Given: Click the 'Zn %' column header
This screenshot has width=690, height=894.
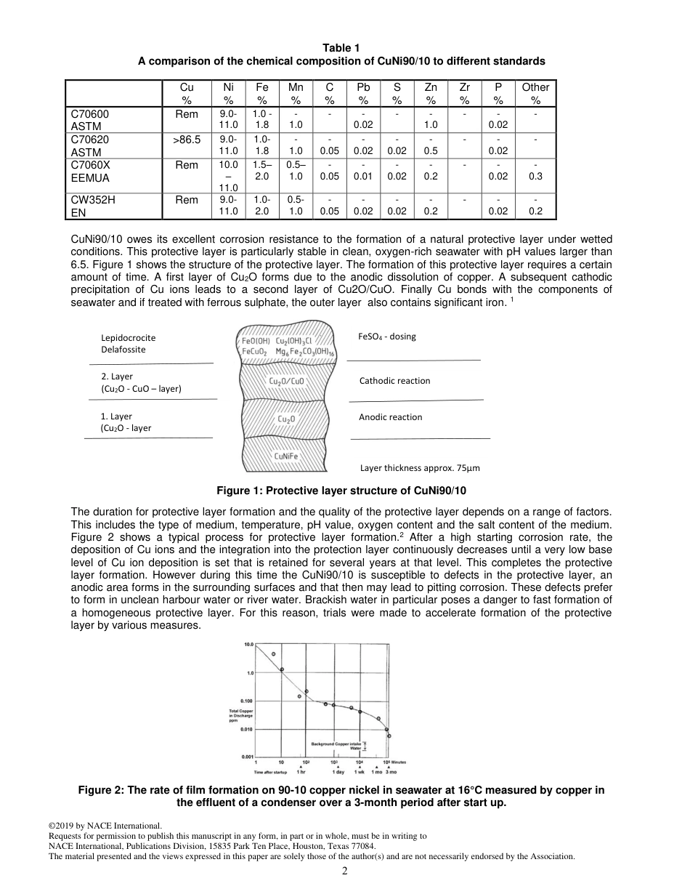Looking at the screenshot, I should [431, 94].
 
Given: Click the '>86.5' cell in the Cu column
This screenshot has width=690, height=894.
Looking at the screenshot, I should [187, 140].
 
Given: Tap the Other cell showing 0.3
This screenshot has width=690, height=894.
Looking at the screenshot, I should [535, 176].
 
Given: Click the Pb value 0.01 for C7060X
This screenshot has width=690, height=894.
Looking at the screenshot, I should [364, 176].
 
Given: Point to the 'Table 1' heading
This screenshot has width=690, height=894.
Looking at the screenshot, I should [341, 48].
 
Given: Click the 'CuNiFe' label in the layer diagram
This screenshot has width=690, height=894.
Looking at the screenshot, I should [285, 456].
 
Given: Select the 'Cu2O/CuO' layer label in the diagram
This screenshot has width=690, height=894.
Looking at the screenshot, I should [287, 381].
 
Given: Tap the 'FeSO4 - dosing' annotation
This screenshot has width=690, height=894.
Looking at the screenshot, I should [387, 337].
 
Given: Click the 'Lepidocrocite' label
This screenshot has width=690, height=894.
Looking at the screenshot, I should [129, 338].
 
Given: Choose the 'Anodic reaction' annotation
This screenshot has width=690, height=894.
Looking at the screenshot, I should [390, 417].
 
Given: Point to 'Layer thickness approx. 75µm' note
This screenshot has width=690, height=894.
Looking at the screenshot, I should [420, 468].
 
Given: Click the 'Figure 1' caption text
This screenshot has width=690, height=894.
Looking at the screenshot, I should [341, 491].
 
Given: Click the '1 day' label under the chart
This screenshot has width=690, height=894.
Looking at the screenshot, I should [338, 771].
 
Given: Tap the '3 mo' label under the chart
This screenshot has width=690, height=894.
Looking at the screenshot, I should [391, 771].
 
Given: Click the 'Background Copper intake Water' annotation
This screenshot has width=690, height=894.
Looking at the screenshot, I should [336, 746].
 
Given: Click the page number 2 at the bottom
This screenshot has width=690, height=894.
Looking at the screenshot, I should [345, 871].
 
